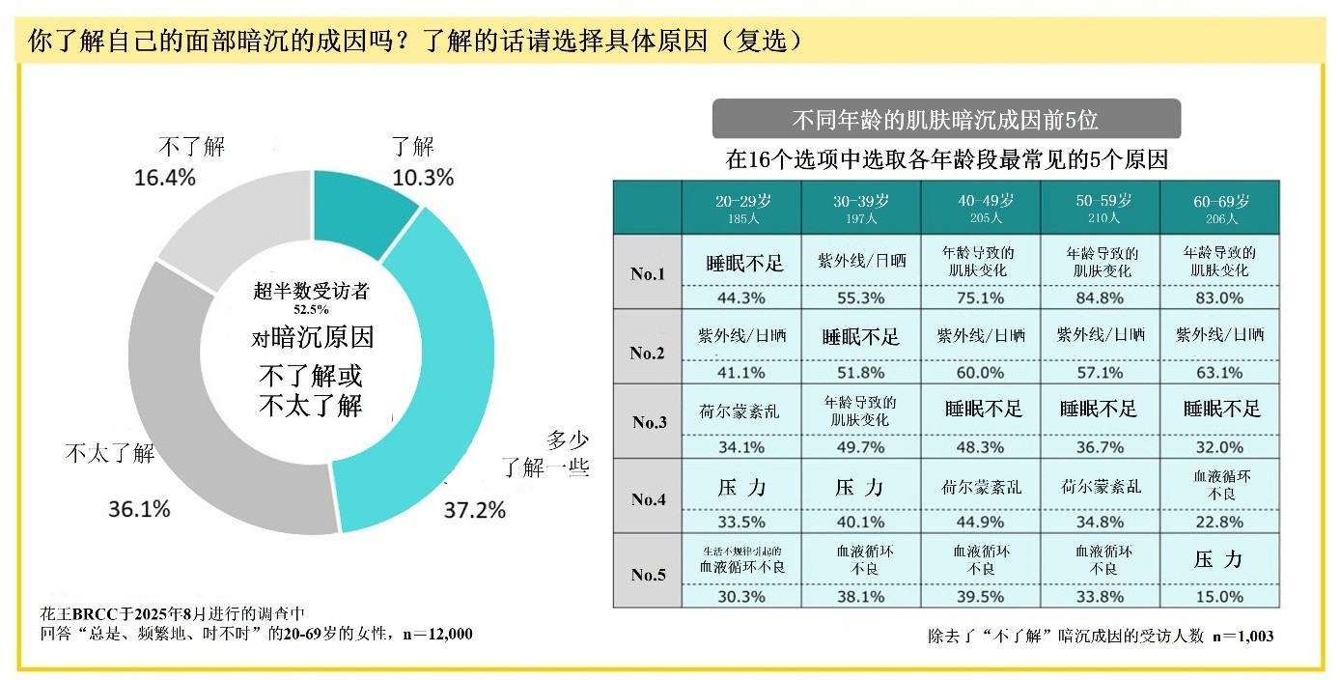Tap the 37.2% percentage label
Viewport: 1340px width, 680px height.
(474, 510)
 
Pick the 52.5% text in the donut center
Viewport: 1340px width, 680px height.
(311, 310)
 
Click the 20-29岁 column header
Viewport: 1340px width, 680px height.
(742, 207)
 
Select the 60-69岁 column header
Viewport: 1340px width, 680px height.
(1221, 207)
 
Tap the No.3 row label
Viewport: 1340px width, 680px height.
(649, 422)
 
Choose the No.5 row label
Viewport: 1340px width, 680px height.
(649, 575)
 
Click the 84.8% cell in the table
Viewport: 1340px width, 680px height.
(1101, 298)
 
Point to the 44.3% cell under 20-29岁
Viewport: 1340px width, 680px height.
(742, 298)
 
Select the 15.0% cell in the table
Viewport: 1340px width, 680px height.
(1220, 596)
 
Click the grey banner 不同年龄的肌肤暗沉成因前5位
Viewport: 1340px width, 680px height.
(945, 120)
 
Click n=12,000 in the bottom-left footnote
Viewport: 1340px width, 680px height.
(436, 634)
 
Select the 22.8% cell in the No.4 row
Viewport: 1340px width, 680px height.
(1220, 523)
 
